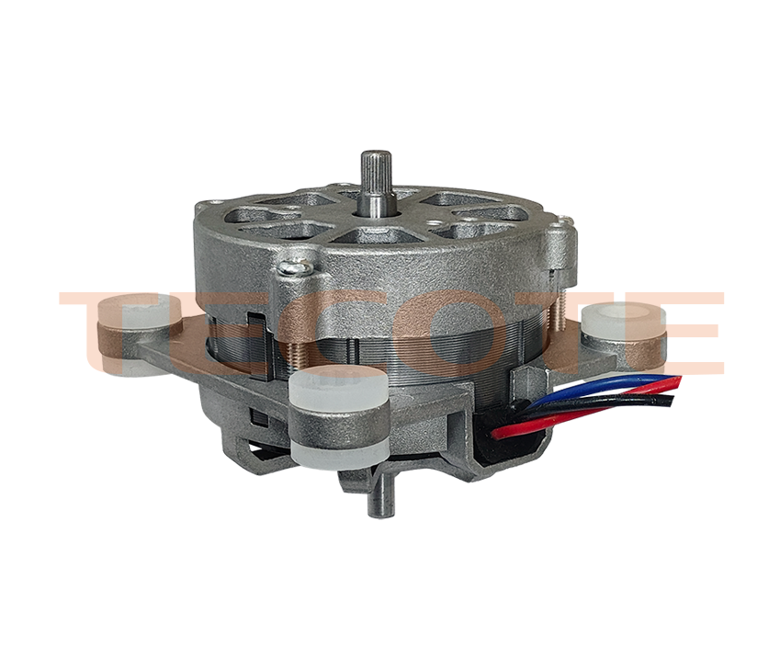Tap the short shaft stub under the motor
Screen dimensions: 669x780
click(x=377, y=495)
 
